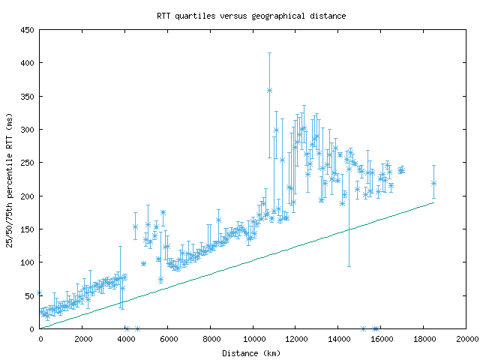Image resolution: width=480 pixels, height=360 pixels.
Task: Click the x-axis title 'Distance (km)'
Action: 251,352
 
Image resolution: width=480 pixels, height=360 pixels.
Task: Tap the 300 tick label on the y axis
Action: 27,130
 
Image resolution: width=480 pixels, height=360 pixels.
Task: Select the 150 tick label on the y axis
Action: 27,229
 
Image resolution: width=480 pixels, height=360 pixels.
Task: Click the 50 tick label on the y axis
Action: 29,295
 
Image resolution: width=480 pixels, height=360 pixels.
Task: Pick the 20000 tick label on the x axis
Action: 466,339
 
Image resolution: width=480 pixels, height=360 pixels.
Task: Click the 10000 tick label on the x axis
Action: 253,339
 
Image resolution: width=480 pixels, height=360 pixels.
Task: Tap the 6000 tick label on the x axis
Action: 168,339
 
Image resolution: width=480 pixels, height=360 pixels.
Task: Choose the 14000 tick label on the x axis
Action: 338,339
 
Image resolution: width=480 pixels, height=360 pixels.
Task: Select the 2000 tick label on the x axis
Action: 82,339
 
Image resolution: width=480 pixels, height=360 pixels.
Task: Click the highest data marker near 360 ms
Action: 269,90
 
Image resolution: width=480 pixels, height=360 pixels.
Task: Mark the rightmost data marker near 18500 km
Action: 433,183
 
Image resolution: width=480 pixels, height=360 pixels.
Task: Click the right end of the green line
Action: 433,202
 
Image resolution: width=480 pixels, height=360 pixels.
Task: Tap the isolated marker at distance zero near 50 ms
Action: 40,293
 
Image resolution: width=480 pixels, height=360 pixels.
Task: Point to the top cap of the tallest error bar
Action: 269,53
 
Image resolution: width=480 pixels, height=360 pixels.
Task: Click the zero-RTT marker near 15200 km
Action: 363,328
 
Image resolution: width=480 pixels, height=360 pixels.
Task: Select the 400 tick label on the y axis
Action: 27,63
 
